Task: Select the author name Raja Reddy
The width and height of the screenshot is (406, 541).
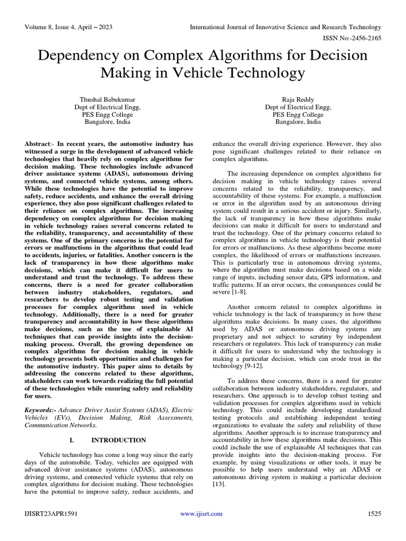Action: point(298,99)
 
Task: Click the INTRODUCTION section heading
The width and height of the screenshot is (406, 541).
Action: point(118,440)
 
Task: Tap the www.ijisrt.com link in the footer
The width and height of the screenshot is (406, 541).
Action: point(201,514)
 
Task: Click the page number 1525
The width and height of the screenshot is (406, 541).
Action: point(374,514)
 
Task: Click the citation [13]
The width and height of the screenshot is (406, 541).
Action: point(218,484)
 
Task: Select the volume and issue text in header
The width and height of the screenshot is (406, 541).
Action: point(68,27)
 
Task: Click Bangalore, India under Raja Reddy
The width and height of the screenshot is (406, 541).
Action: point(298,122)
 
